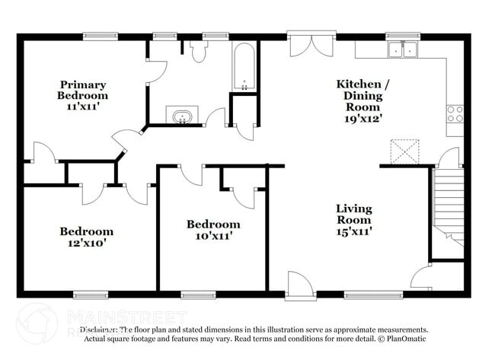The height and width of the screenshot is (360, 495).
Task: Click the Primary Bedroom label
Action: [x=83, y=91]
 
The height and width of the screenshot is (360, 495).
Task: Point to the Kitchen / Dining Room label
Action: [x=360, y=96]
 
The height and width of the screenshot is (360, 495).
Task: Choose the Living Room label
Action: [x=354, y=215]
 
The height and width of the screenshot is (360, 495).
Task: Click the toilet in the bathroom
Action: [x=200, y=51]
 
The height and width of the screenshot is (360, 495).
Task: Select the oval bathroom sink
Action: [x=182, y=117]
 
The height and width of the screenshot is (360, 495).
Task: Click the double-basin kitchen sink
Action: [x=402, y=50]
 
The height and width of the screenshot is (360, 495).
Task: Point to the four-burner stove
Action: [x=455, y=114]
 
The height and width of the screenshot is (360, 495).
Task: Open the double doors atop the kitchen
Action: [x=309, y=44]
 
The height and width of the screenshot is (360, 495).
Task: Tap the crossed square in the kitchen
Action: [x=404, y=151]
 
